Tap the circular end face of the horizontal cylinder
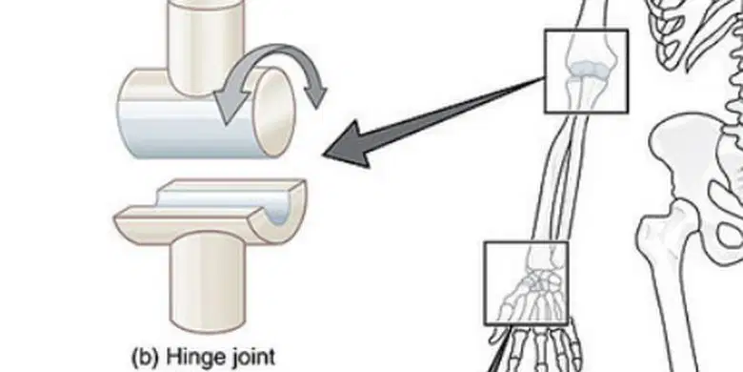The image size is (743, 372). [x=274, y=113]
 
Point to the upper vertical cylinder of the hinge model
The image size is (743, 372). [x=206, y=45]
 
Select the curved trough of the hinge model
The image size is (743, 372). [x=211, y=210]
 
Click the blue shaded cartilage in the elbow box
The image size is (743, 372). [x=588, y=70]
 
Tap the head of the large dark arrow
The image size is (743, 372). [x=349, y=144]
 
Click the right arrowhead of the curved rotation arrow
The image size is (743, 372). [x=316, y=93]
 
